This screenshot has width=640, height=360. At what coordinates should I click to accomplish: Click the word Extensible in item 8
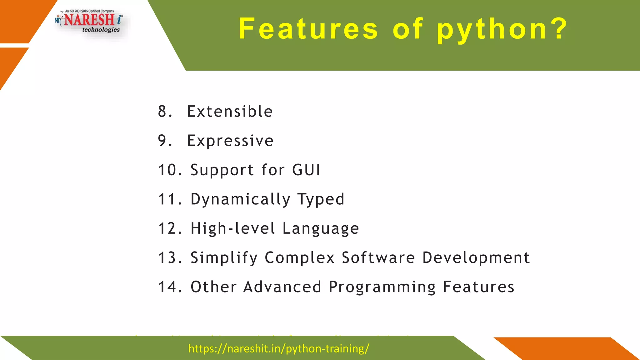pyautogui.click(x=230, y=112)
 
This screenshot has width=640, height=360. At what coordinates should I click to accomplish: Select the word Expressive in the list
pyautogui.click(x=230, y=141)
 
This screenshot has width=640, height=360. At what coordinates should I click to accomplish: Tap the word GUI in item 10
pyautogui.click(x=306, y=170)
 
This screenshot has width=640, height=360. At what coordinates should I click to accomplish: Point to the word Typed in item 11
pyautogui.click(x=321, y=200)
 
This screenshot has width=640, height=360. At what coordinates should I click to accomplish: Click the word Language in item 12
pyautogui.click(x=321, y=229)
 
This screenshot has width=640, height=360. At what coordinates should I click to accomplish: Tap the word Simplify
pyautogui.click(x=224, y=258)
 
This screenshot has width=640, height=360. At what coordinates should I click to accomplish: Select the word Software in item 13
pyautogui.click(x=378, y=258)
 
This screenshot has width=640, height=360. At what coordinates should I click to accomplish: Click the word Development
pyautogui.click(x=476, y=258)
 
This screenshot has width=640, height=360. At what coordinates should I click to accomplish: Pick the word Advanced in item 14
pyautogui.click(x=282, y=287)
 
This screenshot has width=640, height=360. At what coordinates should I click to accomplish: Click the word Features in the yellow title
pyautogui.click(x=308, y=29)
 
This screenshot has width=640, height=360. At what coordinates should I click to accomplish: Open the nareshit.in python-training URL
pyautogui.click(x=279, y=348)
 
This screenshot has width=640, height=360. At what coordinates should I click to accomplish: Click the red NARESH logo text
pyautogui.click(x=89, y=20)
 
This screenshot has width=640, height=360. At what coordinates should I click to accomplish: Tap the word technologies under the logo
pyautogui.click(x=101, y=30)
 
